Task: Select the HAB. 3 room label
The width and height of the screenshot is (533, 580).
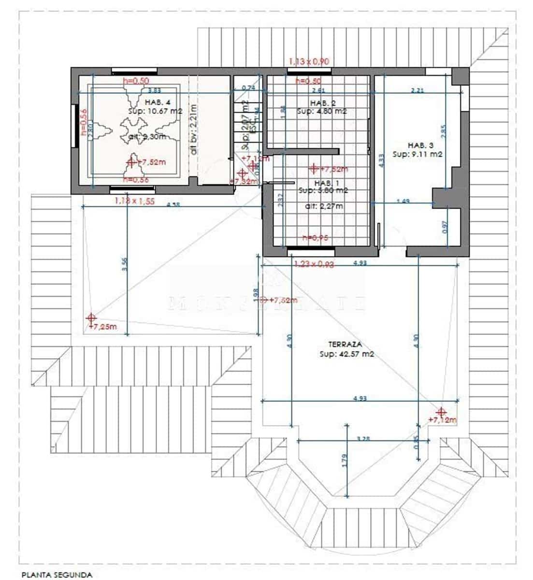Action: click(420, 145)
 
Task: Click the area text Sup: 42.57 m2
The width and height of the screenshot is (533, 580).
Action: click(346, 354)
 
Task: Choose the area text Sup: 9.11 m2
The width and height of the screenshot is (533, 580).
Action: click(418, 154)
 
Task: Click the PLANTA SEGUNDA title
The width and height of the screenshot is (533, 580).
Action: click(57, 575)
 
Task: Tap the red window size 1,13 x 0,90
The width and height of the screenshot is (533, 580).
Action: click(309, 61)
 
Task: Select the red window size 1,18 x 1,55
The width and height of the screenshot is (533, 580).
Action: click(134, 201)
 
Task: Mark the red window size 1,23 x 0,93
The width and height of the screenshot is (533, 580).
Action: click(314, 264)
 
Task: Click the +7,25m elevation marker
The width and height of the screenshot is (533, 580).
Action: click(103, 327)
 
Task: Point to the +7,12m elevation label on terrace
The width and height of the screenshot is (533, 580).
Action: click(442, 420)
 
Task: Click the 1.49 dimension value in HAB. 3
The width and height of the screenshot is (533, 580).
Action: click(403, 201)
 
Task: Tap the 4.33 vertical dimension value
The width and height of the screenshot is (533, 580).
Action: click(381, 160)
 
